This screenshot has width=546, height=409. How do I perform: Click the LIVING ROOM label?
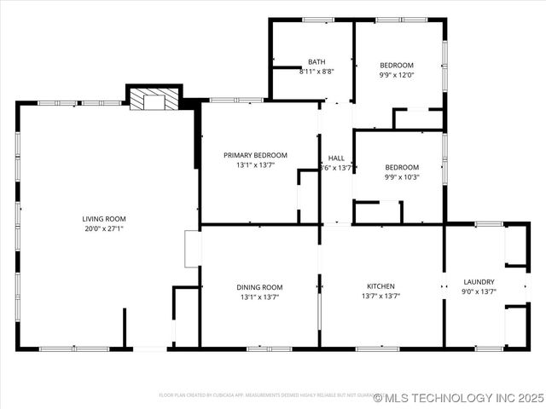tap(103, 218)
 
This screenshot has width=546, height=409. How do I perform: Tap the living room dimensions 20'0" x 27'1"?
tap(103, 228)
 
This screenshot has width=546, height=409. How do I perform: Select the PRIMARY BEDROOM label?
tap(255, 155)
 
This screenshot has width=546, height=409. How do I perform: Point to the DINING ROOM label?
tap(259, 287)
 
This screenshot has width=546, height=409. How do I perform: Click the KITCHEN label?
tap(380, 286)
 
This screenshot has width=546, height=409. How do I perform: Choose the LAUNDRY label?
tap(479, 282)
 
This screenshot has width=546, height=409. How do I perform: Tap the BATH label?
tap(317, 62)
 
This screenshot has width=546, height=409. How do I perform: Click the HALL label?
tap(336, 158)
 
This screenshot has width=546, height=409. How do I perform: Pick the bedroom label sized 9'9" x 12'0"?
tap(397, 66)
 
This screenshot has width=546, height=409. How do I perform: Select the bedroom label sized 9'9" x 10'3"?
tap(401, 167)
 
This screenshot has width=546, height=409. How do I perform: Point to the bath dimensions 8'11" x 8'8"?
tap(317, 72)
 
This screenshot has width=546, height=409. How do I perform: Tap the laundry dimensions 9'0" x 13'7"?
tap(479, 291)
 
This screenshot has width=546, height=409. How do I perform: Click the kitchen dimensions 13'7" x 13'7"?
tap(380, 297)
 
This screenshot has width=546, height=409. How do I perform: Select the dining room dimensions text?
tap(259, 297)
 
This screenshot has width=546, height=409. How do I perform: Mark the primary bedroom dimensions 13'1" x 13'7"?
tap(255, 165)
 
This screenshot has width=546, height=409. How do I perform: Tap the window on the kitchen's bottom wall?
tap(377, 348)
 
